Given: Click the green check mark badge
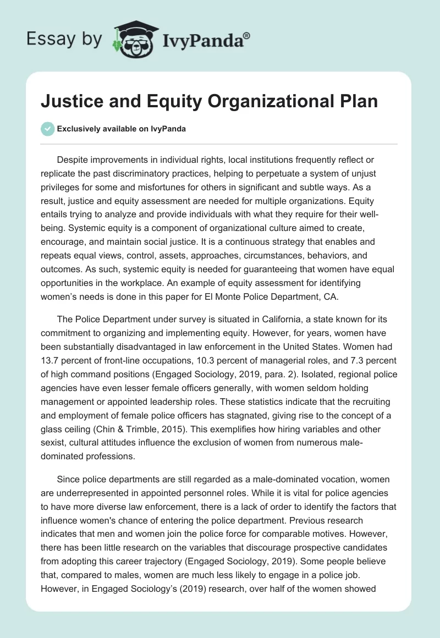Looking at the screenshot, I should click(x=48, y=129).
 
